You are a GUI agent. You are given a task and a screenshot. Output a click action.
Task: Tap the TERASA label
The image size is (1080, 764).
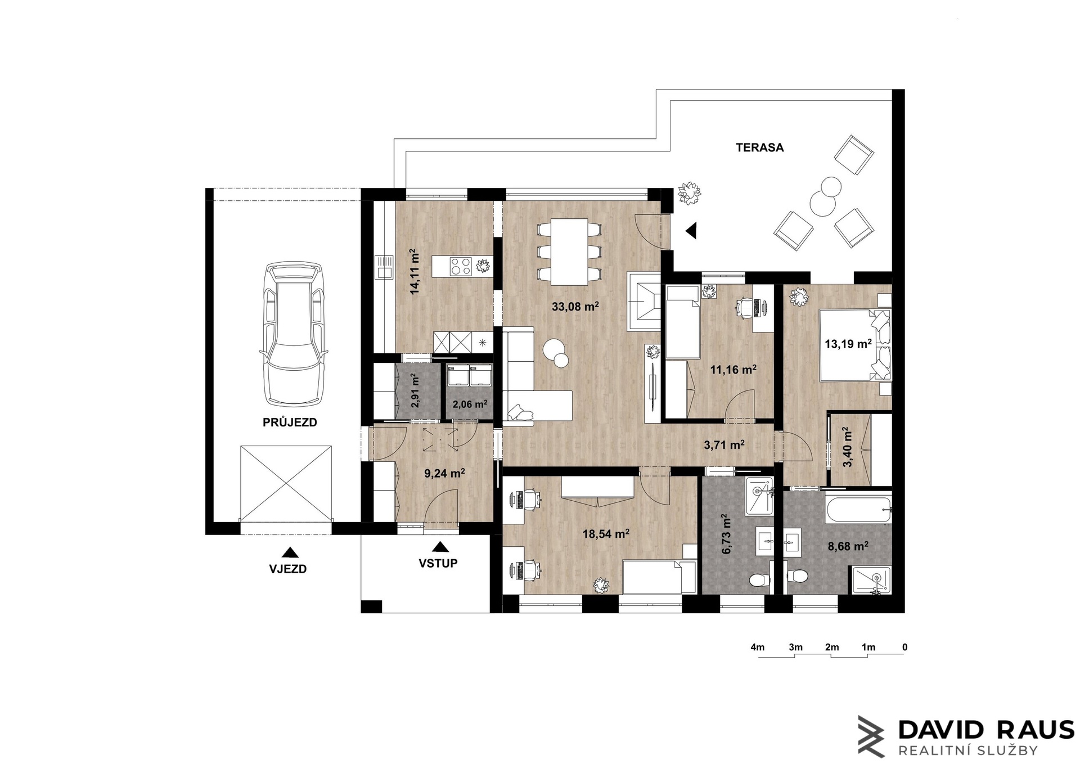pyautogui.click(x=760, y=147)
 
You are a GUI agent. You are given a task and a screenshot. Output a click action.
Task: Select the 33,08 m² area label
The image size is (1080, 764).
pyautogui.click(x=575, y=307)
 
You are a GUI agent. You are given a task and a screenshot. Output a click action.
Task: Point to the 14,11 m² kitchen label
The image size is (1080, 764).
pyautogui.click(x=415, y=272)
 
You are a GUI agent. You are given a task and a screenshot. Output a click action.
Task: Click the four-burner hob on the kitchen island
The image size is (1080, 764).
pyautogui.click(x=461, y=266)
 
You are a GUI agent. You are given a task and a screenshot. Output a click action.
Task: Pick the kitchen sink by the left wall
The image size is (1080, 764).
pyautogui.click(x=385, y=267)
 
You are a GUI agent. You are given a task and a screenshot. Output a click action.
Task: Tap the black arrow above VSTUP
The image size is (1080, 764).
pyautogui.click(x=441, y=546)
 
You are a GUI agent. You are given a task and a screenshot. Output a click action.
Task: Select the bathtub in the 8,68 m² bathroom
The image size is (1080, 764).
pyautogui.click(x=858, y=508)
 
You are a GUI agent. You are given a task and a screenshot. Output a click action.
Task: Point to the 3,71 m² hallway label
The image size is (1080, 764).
pyautogui.click(x=724, y=445)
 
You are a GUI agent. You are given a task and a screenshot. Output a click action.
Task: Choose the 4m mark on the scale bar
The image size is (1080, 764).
pyautogui.click(x=758, y=647)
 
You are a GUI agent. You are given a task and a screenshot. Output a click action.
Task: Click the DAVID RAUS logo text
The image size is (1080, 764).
pyautogui.click(x=986, y=730)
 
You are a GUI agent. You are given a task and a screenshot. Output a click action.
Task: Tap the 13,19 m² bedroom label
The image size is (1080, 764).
pyautogui.click(x=848, y=343)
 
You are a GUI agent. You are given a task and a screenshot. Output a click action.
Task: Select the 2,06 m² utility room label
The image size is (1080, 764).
pyautogui.click(x=470, y=404)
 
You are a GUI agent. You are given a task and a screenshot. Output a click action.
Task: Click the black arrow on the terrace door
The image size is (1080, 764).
pyautogui.click(x=691, y=230)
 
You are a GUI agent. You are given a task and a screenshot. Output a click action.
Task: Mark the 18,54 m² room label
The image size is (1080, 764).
pyautogui.click(x=605, y=534)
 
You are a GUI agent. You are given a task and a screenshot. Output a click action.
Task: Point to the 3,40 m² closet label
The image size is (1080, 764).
pyautogui.click(x=847, y=447)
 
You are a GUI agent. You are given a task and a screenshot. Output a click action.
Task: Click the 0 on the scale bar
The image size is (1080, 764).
pyautogui.click(x=904, y=647)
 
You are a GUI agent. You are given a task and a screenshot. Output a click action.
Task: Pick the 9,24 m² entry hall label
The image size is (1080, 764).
pyautogui.click(x=444, y=473)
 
